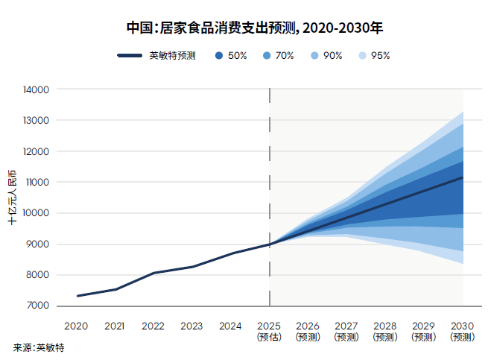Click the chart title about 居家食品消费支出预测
(255, 28)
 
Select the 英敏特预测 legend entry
(156, 55)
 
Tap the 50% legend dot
(219, 55)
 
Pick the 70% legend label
(285, 55)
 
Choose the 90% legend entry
(326, 55)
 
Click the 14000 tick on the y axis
(36, 89)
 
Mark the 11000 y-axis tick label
(37, 182)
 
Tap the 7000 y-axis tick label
(37, 305)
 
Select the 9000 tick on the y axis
(37, 244)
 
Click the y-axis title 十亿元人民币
(12, 198)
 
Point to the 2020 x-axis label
(76, 326)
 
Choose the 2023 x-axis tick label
(191, 326)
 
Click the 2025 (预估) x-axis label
(269, 331)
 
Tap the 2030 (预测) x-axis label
(462, 331)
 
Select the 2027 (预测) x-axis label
(346, 331)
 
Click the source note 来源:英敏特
(39, 347)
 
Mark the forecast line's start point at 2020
(77, 296)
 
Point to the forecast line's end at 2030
(462, 177)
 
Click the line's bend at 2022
(153, 273)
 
